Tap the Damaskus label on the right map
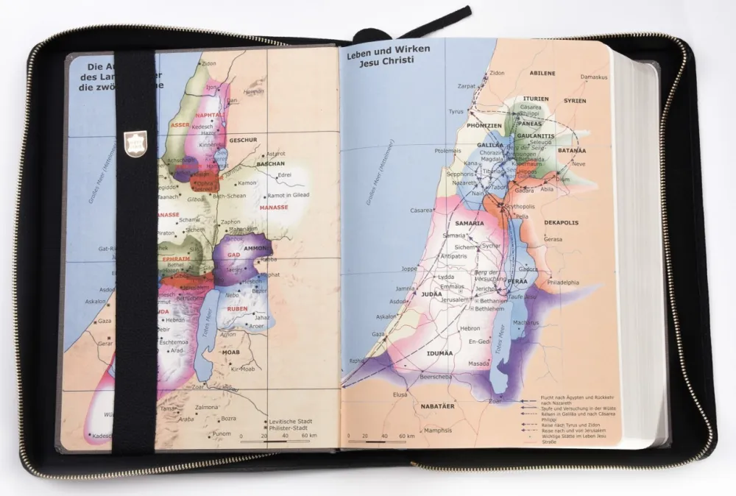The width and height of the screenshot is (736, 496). coord(593,77)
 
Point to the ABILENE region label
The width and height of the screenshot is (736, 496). coord(542,74)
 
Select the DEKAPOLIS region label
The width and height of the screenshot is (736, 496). coord(561,222)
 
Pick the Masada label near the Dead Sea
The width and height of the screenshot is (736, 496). coord(478,363)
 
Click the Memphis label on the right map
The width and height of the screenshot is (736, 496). coord(437,430)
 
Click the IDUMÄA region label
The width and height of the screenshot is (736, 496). coord(439,353)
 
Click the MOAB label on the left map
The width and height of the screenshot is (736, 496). coord(232,352)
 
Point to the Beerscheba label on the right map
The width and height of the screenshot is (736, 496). coord(415,375)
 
